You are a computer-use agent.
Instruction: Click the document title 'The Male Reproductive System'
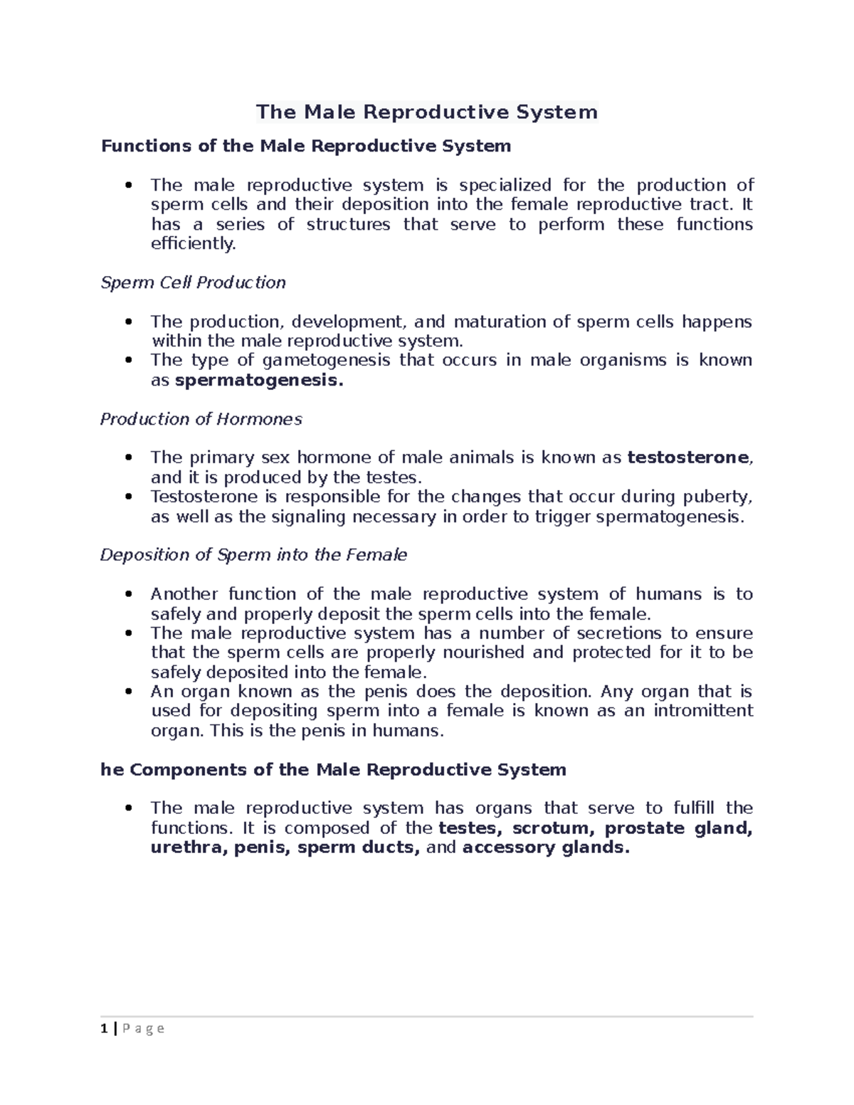(x=427, y=112)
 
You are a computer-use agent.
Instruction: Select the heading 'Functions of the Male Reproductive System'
(x=306, y=146)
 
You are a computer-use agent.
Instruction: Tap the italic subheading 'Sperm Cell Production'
(x=193, y=282)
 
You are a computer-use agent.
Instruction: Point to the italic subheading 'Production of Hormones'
(x=201, y=419)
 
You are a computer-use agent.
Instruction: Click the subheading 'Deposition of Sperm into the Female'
(x=253, y=555)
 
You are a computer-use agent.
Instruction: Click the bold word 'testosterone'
(x=687, y=458)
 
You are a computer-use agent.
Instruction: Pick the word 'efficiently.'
(x=193, y=244)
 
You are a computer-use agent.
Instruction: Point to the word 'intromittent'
(x=703, y=711)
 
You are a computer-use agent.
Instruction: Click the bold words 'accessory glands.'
(x=546, y=847)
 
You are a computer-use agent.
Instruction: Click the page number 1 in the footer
(x=104, y=1028)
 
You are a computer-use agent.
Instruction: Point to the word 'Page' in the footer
(x=144, y=1028)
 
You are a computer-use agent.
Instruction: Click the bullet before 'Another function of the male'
(x=128, y=594)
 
